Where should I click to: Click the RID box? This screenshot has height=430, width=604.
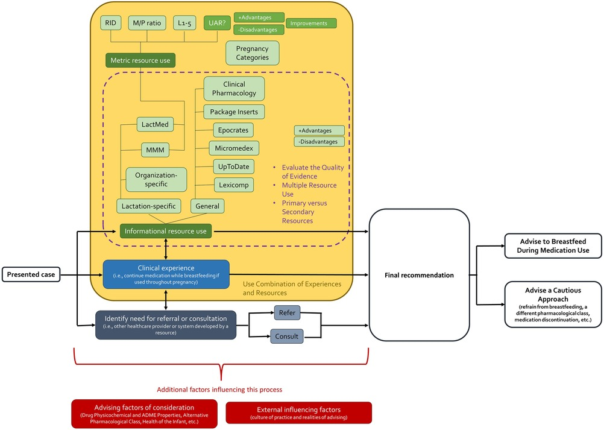[112, 23]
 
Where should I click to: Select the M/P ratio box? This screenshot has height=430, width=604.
[147, 23]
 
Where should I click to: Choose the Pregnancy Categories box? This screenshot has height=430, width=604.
[252, 53]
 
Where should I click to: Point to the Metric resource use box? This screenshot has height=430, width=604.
[140, 60]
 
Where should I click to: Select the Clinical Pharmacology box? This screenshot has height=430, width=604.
[234, 89]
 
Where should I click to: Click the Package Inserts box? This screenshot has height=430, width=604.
[234, 112]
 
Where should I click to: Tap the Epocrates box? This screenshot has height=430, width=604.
[233, 130]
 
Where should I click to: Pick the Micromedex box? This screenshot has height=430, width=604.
[234, 148]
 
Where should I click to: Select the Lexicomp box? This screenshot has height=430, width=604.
[233, 185]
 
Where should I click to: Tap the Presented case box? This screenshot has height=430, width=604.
[31, 275]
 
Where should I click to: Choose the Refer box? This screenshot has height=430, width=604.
[286, 313]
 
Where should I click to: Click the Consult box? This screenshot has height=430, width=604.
[286, 336]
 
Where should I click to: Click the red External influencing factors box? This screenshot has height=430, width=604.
[298, 413]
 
